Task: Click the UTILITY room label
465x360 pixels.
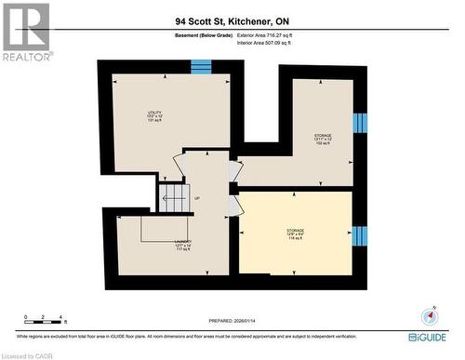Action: (154, 116)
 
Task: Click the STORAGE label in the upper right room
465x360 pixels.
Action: (323, 137)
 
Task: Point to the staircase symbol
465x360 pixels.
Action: (174, 197)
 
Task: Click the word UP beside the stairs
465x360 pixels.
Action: (197, 198)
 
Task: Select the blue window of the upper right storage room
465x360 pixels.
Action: (360, 125)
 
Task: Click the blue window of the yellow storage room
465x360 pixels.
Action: (360, 236)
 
